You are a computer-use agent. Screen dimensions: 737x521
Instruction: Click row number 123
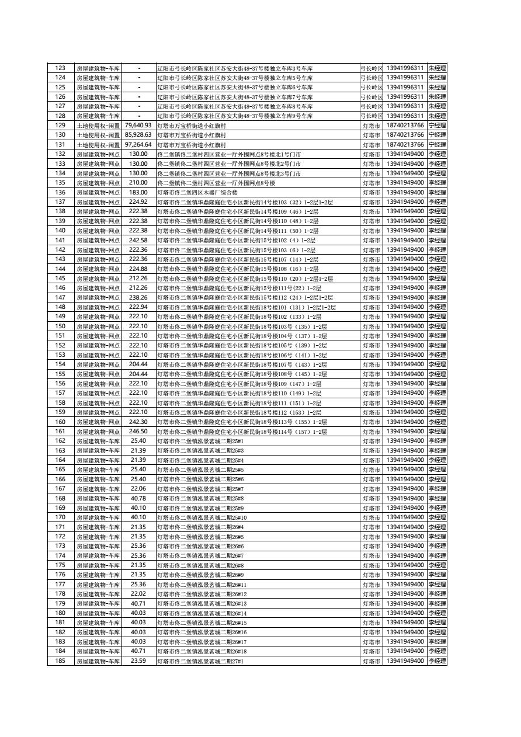click(x=60, y=68)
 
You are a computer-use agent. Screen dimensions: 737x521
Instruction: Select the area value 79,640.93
click(x=138, y=126)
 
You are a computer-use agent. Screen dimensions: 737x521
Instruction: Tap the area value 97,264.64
click(x=138, y=145)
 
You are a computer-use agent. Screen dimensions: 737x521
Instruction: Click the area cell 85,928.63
click(x=138, y=135)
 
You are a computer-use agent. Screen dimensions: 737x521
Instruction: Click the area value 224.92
click(x=138, y=202)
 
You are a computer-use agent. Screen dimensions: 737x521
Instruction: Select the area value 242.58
click(x=138, y=240)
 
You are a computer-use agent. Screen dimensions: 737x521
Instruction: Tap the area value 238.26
click(x=138, y=297)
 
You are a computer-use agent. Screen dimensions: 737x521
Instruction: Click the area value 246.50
click(x=138, y=432)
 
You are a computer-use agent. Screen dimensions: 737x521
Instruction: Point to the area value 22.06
click(x=138, y=489)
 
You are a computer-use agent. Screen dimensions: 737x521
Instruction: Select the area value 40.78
click(x=138, y=498)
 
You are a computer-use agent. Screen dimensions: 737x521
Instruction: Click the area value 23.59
click(x=138, y=660)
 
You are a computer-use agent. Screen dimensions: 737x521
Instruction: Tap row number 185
click(x=60, y=660)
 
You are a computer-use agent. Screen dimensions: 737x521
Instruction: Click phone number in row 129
click(x=405, y=126)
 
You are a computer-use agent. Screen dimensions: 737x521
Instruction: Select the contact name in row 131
click(x=437, y=145)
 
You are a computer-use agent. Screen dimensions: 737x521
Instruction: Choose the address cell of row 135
click(x=258, y=183)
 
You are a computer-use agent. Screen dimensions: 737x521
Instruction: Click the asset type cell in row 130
click(x=98, y=135)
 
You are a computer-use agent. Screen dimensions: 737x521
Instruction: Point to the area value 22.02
click(x=138, y=594)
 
